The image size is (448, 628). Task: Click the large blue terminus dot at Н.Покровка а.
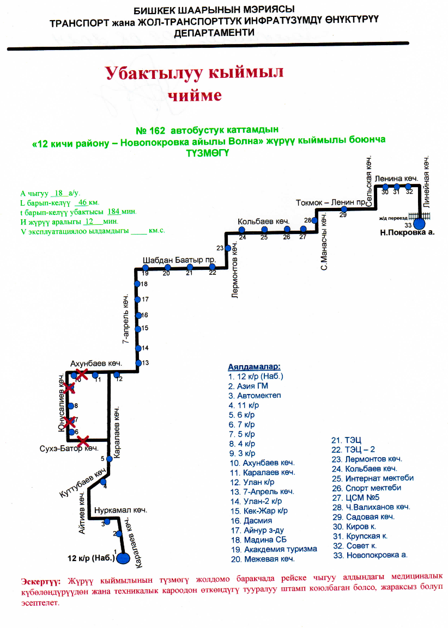[x=420, y=223]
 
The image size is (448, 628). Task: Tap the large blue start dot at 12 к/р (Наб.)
[x=123, y=558]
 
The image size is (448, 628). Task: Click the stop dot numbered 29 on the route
[x=343, y=208]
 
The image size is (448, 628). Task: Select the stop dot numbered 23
[x=228, y=248]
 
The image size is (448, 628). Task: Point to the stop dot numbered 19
[x=146, y=268]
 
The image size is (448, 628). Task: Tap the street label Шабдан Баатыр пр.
[x=179, y=260]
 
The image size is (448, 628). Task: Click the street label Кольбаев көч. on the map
[x=263, y=222]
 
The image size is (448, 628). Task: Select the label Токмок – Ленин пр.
[x=329, y=202]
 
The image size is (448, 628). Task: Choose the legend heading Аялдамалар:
[x=255, y=366]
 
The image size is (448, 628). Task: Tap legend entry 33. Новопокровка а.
[x=370, y=555]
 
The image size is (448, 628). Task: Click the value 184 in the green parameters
[x=114, y=211]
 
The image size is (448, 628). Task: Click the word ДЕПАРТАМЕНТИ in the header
[x=214, y=33]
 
